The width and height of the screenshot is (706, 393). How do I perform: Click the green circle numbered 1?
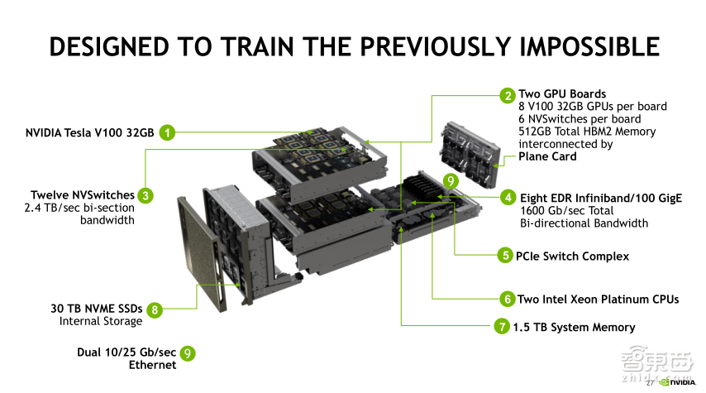click(168, 132)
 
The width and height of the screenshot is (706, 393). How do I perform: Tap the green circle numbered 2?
click(507, 94)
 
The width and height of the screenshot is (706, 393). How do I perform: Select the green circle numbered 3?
click(145, 195)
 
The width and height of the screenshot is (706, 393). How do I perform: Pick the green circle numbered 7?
click(502, 327)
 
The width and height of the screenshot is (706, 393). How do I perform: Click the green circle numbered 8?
click(154, 309)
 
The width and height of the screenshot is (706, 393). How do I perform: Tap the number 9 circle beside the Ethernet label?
click(188, 353)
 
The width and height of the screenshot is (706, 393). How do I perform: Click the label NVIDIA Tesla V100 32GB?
click(88, 132)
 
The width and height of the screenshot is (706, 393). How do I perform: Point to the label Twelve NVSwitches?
click(83, 195)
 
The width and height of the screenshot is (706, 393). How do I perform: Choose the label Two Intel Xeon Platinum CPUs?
click(598, 299)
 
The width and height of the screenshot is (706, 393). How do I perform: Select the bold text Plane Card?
click(547, 156)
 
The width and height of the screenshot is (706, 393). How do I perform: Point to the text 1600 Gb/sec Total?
click(571, 211)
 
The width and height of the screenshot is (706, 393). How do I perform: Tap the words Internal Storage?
click(101, 321)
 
